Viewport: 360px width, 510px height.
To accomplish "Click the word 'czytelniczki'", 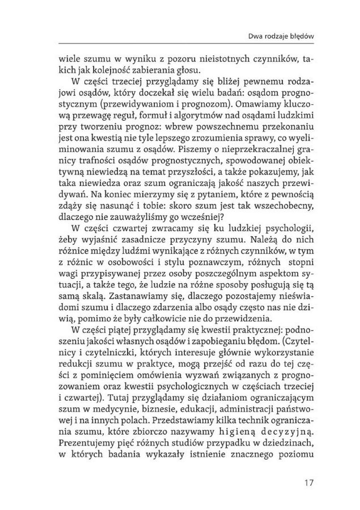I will pyautogui.click(x=108, y=355).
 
